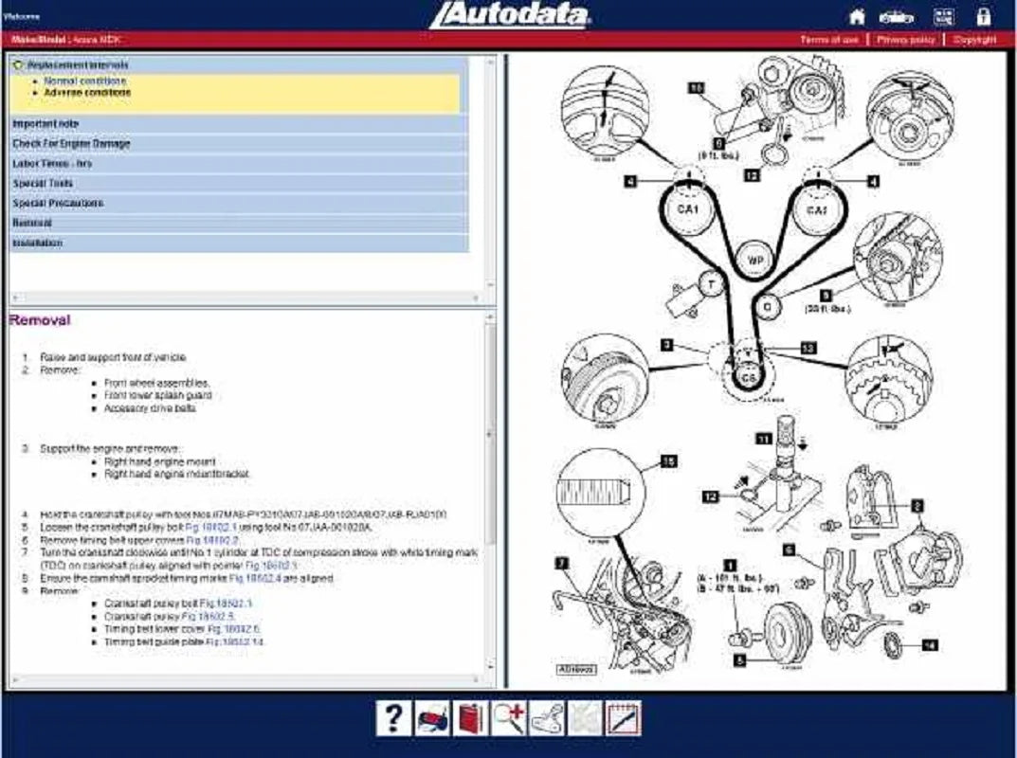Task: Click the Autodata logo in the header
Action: [x=509, y=15]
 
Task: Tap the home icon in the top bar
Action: [x=857, y=16]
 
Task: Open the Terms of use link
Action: [x=829, y=40]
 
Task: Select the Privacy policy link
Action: [x=906, y=40]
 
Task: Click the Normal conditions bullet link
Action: [x=84, y=81]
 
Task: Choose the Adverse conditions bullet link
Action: [x=87, y=93]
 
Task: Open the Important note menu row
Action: [x=45, y=124]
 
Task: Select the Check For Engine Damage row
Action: [x=71, y=144]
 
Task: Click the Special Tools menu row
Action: [x=43, y=184]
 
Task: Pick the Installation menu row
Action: [x=38, y=244]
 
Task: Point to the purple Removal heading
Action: [x=39, y=320]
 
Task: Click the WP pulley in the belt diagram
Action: [x=755, y=259]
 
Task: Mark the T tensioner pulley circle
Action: [x=709, y=283]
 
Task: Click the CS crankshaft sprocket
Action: [x=749, y=376]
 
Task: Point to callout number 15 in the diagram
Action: [x=669, y=460]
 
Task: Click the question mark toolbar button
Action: [x=394, y=719]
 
